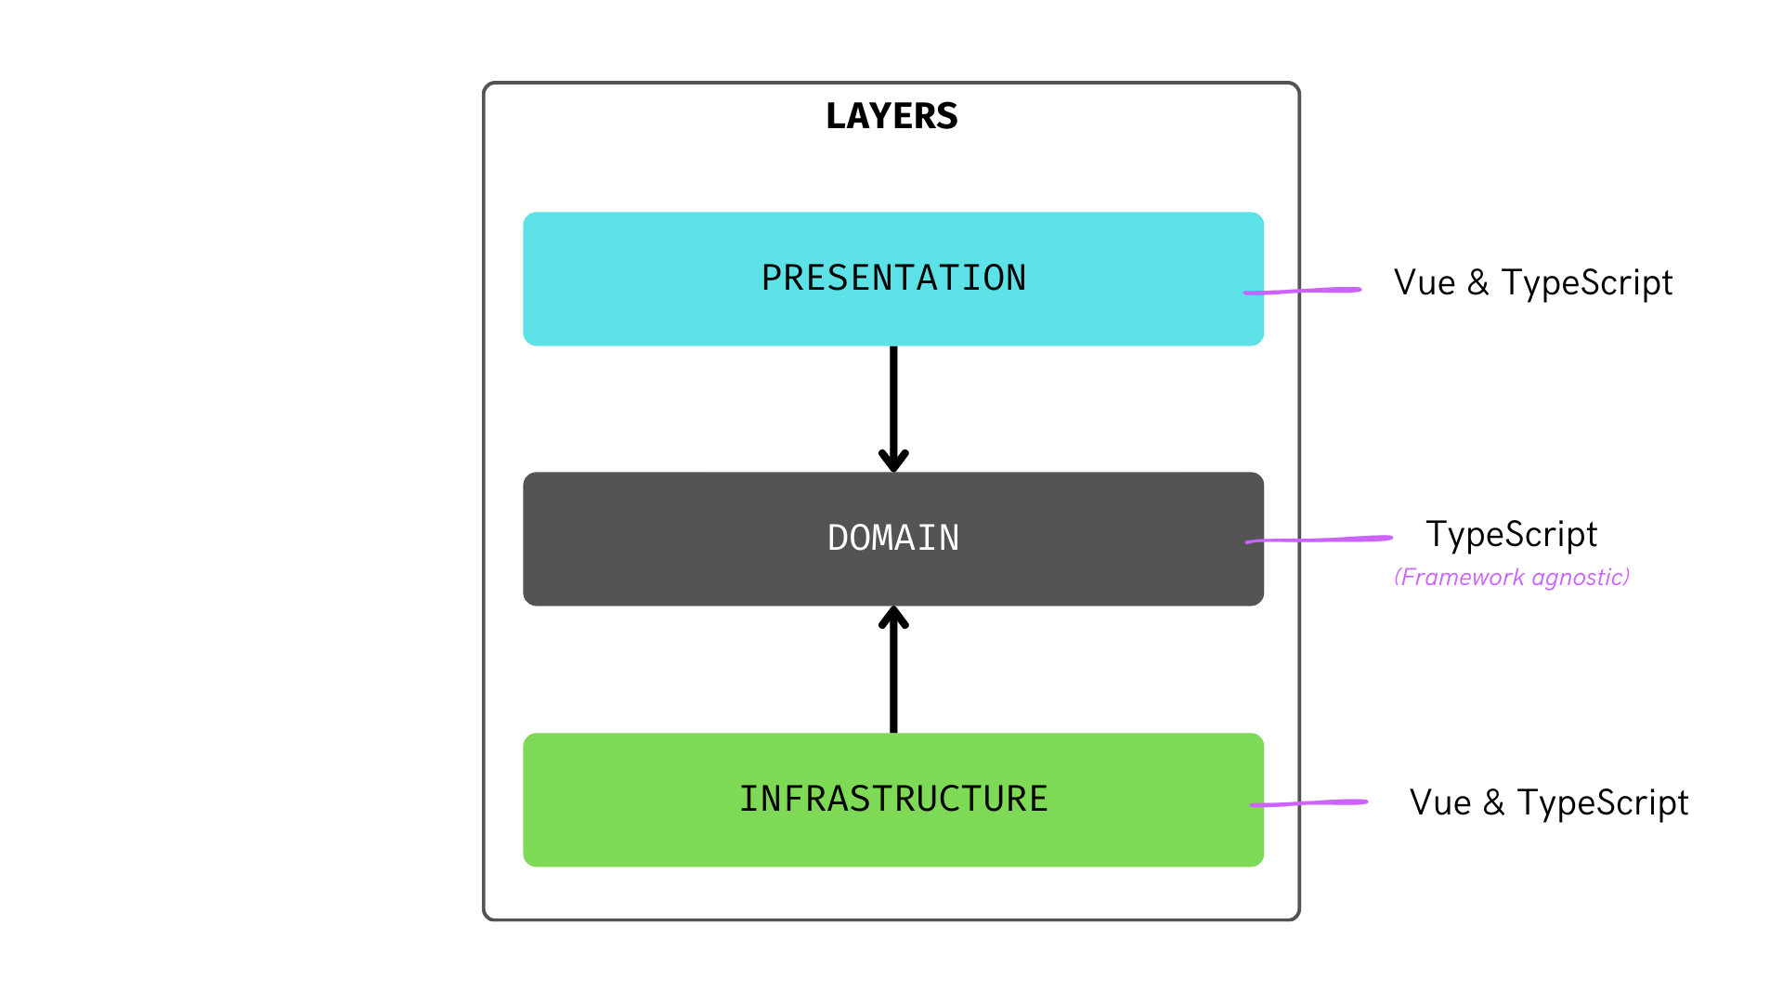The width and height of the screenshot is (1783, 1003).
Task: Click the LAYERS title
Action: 891,116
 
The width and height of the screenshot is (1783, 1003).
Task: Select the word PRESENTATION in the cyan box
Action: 893,279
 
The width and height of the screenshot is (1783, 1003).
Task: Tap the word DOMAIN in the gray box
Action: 893,539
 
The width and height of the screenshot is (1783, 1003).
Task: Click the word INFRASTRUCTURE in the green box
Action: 893,800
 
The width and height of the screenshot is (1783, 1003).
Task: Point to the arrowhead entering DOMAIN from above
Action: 893,461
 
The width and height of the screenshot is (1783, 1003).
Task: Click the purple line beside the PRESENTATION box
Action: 1302,291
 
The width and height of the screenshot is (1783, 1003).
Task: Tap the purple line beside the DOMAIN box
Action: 1319,539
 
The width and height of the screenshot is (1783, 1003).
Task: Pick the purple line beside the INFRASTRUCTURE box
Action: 1309,803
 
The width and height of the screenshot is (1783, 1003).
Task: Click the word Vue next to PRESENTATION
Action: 1425,283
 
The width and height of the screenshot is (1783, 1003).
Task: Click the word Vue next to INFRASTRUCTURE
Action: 1440,803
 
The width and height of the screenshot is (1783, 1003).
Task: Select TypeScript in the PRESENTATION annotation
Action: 1587,283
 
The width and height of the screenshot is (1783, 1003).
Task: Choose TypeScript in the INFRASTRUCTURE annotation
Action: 1603,803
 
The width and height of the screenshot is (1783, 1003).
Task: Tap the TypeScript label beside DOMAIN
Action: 1512,535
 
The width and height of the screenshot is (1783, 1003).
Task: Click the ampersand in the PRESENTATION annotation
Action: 1478,283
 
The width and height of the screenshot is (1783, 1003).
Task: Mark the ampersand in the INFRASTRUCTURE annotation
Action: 1494,803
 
